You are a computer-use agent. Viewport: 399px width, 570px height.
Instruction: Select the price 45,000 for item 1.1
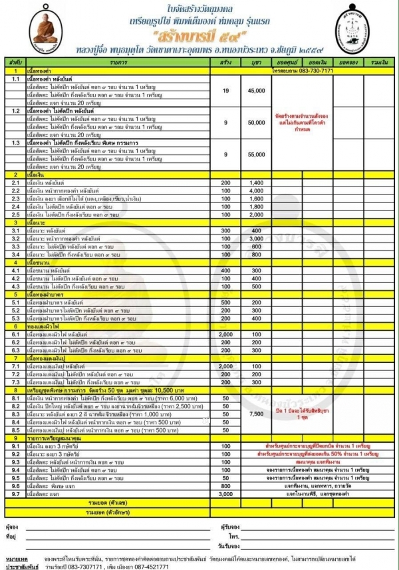[x=256, y=91]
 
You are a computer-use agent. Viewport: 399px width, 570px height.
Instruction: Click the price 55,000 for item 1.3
[x=256, y=154]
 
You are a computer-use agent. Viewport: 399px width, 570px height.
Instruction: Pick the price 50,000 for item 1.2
[x=256, y=123]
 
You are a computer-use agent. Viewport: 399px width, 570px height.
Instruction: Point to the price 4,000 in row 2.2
[x=256, y=190]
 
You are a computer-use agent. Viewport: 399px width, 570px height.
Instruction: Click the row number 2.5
[x=13, y=214]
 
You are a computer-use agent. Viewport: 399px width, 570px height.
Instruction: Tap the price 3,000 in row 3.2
[x=256, y=238]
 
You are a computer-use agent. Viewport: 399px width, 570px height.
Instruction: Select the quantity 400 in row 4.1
[x=225, y=271]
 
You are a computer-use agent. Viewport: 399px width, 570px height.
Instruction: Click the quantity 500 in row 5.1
[x=225, y=302]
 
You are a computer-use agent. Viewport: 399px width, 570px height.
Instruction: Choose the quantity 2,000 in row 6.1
[x=225, y=334]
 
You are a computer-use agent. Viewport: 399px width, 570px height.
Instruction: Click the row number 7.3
[x=13, y=382]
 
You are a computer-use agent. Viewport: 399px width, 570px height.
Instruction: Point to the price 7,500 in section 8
[x=256, y=414]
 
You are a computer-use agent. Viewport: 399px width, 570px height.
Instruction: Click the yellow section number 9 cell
[x=13, y=438]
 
